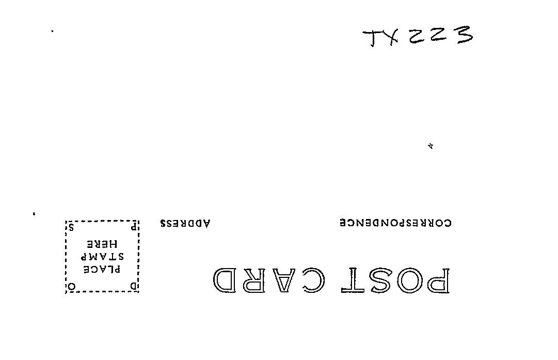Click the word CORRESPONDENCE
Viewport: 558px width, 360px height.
point(395,223)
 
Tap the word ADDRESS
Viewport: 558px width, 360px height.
point(185,224)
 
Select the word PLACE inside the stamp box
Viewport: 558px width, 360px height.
point(102,269)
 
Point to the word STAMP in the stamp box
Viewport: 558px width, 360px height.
point(102,257)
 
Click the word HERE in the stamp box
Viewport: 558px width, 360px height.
point(102,244)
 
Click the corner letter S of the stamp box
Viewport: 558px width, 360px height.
point(72,227)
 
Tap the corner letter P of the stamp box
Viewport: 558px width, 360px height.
point(133,226)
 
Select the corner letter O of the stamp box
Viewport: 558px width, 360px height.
point(72,286)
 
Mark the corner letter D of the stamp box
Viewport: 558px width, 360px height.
point(133,286)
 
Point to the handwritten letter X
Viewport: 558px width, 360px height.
point(392,37)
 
